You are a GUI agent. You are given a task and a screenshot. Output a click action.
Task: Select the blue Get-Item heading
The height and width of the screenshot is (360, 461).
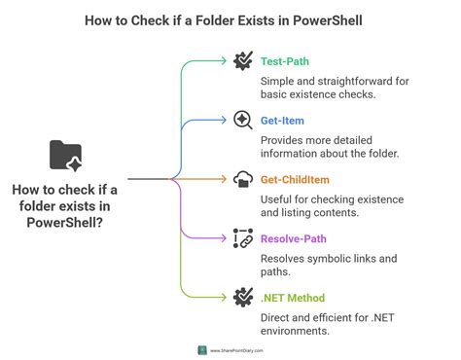[x=282, y=121]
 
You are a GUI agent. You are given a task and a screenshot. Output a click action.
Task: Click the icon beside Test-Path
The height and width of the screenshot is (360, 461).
[x=242, y=60]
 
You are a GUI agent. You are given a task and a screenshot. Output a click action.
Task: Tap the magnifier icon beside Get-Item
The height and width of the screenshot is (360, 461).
[x=242, y=120]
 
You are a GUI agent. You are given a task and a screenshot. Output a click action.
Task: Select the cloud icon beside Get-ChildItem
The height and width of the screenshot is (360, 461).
[x=242, y=179]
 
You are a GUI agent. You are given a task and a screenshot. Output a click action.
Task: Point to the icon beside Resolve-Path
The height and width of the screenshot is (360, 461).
[x=242, y=237]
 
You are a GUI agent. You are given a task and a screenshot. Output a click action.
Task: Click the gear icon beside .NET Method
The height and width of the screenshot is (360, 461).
[x=242, y=297]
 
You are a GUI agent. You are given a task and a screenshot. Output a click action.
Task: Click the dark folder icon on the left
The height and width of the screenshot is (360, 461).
[x=65, y=155]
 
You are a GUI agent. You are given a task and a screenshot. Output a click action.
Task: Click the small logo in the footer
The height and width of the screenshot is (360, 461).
[x=202, y=350]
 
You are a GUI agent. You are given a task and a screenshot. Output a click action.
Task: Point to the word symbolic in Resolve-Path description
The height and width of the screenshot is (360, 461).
[x=339, y=258]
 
